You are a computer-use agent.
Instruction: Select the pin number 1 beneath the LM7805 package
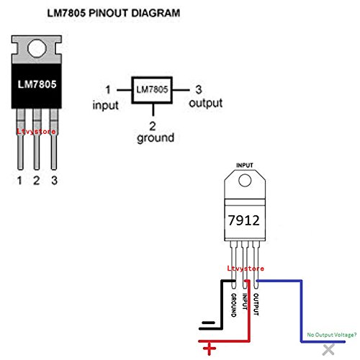click(19, 179)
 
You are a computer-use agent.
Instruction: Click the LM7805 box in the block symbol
click(151, 90)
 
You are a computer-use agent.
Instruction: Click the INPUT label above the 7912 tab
click(246, 165)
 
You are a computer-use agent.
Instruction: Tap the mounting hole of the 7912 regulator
click(246, 181)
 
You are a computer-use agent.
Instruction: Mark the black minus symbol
click(209, 324)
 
